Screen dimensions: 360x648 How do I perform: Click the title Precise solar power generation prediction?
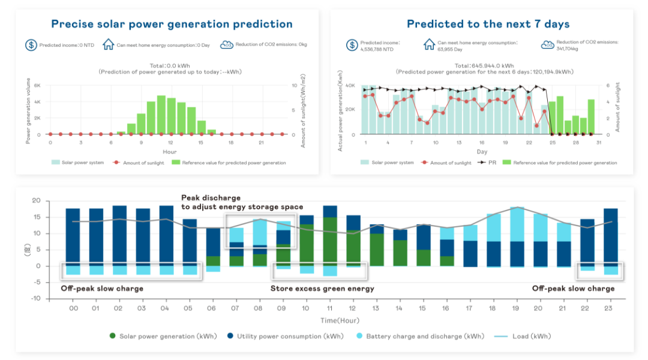point(172,25)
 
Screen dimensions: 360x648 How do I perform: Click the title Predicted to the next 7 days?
point(488,25)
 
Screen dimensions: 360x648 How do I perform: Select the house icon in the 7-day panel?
point(429,45)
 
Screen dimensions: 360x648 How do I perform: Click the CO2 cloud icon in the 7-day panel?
point(547,45)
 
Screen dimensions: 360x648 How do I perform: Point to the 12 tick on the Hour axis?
point(171,143)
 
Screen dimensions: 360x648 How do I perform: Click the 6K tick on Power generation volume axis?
point(37,85)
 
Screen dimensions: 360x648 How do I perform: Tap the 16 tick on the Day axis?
point(482,143)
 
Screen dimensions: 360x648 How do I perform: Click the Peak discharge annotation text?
point(211,197)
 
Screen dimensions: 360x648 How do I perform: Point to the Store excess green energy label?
point(322,289)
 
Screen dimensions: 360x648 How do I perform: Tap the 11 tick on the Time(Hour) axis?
point(329,308)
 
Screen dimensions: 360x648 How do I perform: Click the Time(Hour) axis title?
point(340,320)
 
